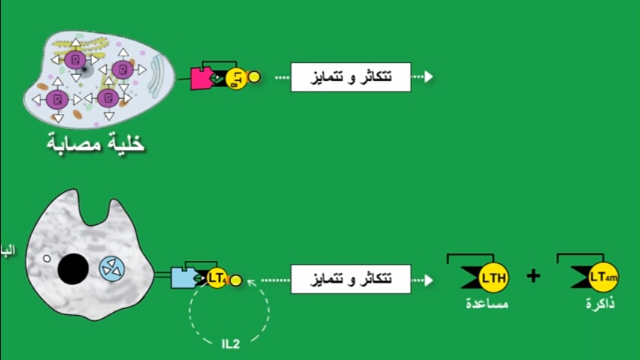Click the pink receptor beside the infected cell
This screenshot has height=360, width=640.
pos(201,78)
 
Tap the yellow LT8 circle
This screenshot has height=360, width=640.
pos(235,77)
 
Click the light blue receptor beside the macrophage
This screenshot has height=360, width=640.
pos(182,278)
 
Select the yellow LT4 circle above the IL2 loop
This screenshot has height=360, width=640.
pos(217,278)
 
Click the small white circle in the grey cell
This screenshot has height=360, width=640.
pos(46,259)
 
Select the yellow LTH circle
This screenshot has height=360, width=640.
pos(494,279)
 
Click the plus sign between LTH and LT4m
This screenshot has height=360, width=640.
pos(533,276)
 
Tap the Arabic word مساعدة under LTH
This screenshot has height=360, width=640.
pos(486,304)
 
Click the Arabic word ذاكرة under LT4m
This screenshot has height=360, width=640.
pos(600,304)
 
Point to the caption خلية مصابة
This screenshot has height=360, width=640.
pos(95,142)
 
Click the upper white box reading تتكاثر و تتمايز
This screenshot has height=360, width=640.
pos(351,77)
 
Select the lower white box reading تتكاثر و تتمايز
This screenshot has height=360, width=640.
pos(351,279)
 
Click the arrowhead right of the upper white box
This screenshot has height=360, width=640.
pos(428,77)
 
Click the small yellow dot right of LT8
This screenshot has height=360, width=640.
pos(254,76)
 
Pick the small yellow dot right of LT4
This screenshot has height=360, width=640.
pos(236,280)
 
